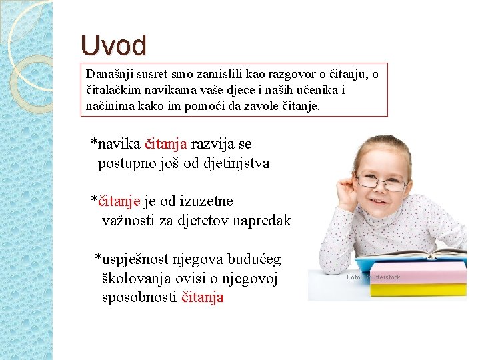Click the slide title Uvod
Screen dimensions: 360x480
[x=113, y=46]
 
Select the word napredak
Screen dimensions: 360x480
[x=258, y=221]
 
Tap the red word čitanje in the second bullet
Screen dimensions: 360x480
[x=119, y=201]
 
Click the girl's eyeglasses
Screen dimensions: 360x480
[x=380, y=181]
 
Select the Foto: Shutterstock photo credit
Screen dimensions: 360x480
[x=373, y=277]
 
